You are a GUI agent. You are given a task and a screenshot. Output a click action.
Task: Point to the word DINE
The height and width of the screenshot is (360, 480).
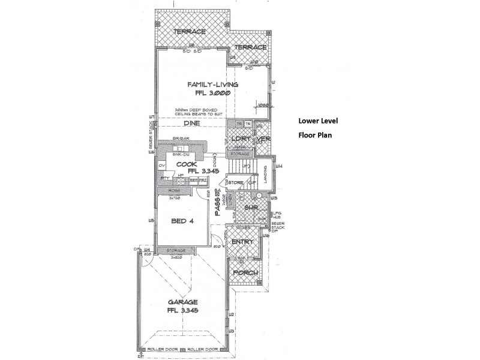(x=191, y=123)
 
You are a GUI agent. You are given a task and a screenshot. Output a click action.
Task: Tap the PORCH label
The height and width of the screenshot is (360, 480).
(x=245, y=272)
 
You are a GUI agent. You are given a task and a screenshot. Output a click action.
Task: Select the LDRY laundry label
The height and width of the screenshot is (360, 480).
(x=240, y=139)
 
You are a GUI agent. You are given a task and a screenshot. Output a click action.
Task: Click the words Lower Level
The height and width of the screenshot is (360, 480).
(x=318, y=120)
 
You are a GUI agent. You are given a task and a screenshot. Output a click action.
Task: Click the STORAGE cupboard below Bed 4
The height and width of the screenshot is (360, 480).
(x=175, y=250)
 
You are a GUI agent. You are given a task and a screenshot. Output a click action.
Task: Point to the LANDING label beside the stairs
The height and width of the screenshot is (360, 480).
(x=268, y=174)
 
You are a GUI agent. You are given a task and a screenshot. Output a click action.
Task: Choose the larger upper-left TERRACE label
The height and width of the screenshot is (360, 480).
(x=190, y=31)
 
